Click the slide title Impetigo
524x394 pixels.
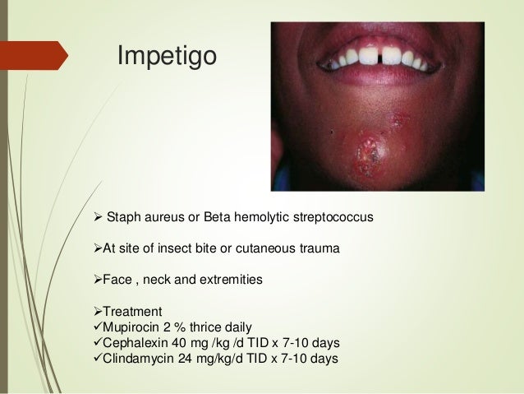click(167, 56)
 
